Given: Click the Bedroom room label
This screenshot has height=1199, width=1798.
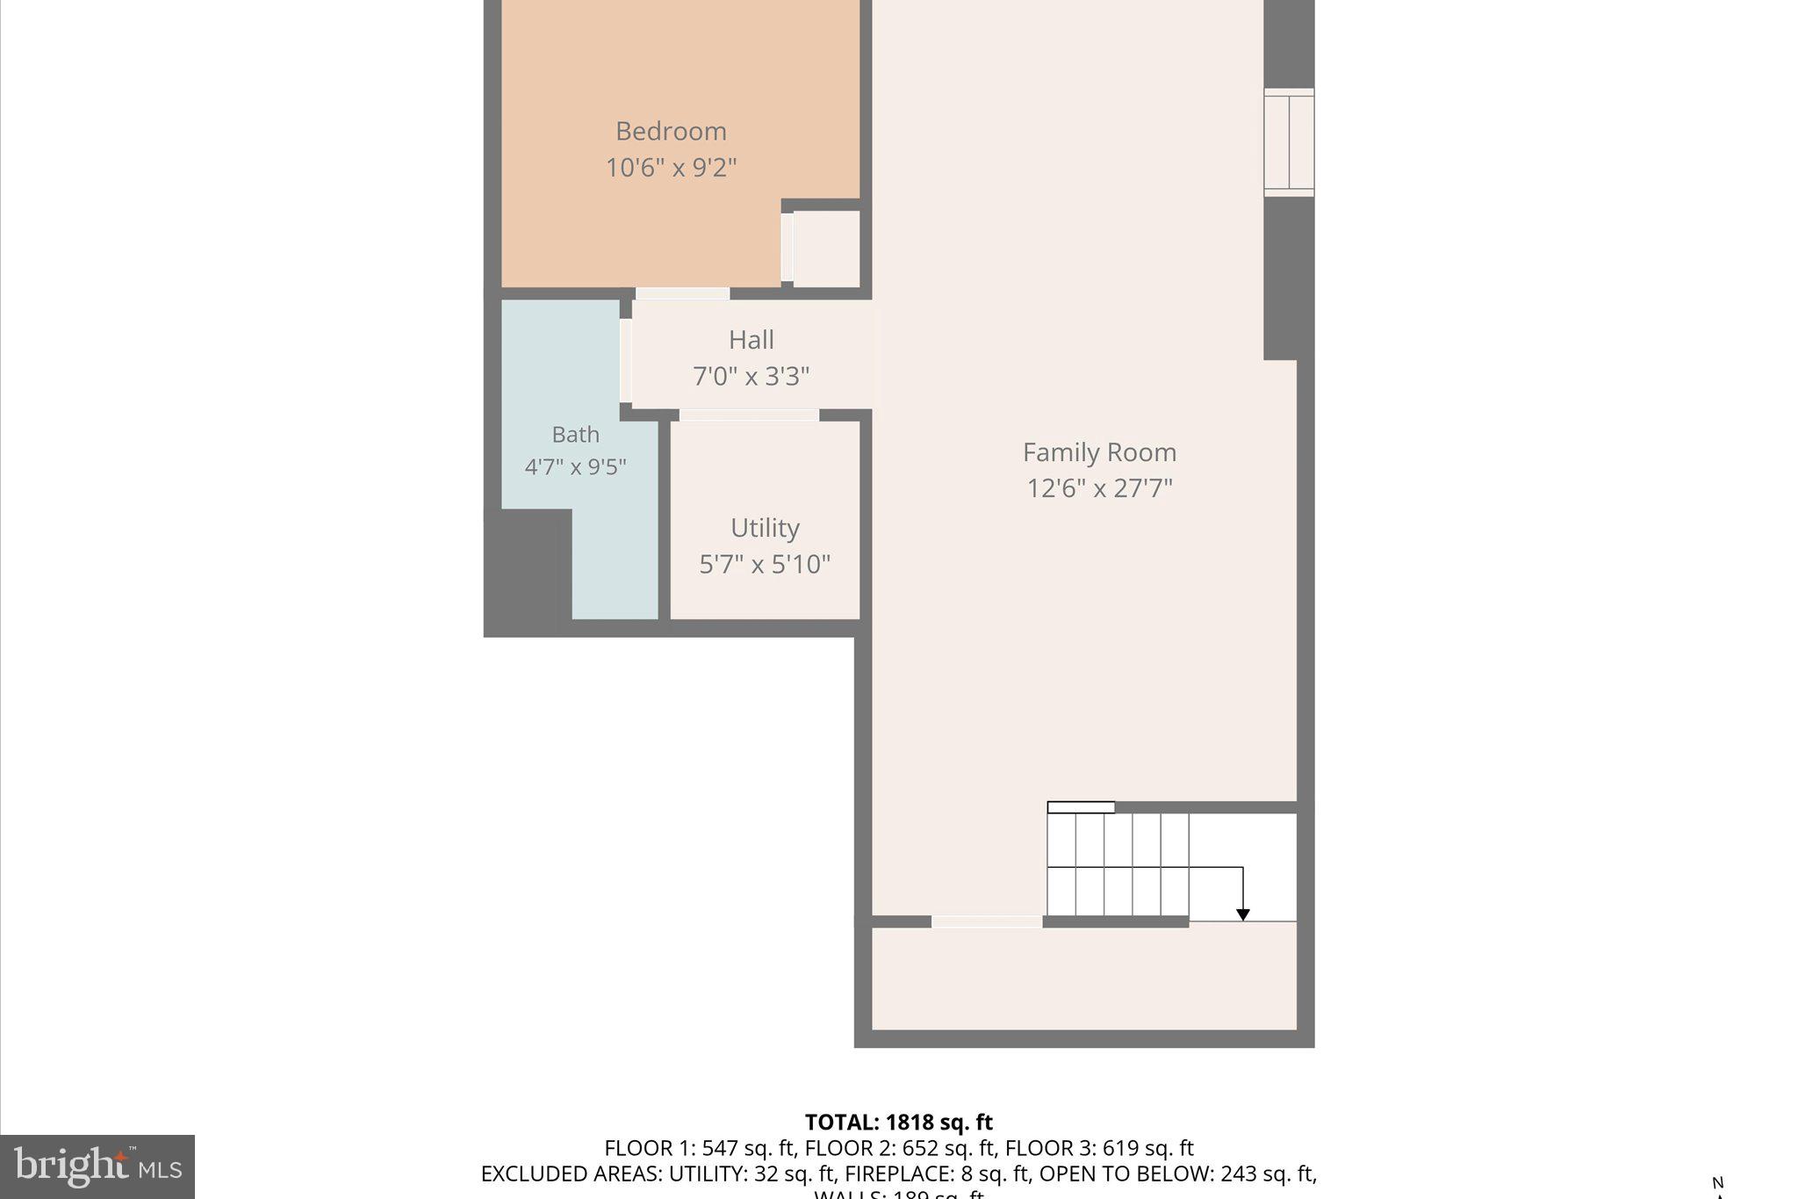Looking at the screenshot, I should click(x=671, y=132).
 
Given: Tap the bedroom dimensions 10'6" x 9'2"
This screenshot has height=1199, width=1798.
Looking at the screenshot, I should click(x=671, y=168).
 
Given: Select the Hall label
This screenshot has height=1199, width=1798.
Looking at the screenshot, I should click(x=751, y=340).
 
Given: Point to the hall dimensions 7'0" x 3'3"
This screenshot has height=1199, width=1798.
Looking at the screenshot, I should click(x=751, y=377).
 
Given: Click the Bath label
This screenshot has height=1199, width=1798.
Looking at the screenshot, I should click(x=575, y=435).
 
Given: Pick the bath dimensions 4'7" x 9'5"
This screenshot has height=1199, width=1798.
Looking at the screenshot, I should click(x=575, y=466).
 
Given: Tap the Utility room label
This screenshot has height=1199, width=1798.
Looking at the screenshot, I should click(x=765, y=528).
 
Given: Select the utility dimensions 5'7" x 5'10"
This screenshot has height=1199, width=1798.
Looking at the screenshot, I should click(x=765, y=564).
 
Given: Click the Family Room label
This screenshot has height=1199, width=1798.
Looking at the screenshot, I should click(x=1099, y=452).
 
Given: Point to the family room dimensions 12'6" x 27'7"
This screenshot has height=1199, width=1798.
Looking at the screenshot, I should click(x=1099, y=488).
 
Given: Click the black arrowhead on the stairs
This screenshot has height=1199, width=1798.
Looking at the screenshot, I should click(x=1242, y=915).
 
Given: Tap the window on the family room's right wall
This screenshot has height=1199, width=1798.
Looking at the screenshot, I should click(x=1288, y=142).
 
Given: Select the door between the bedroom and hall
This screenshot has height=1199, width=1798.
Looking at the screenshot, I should click(x=682, y=293).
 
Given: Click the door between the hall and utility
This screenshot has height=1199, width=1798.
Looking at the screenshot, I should click(x=749, y=415).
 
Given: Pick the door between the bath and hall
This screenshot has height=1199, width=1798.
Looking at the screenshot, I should click(x=626, y=360).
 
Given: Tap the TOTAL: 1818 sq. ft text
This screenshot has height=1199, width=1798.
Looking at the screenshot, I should click(x=898, y=1123).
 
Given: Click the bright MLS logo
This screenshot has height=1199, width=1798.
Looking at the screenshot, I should click(x=97, y=1166).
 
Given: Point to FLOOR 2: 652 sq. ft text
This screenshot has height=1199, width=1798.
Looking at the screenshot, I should click(x=900, y=1148).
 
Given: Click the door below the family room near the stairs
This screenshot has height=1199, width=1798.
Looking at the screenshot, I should click(x=986, y=921).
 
